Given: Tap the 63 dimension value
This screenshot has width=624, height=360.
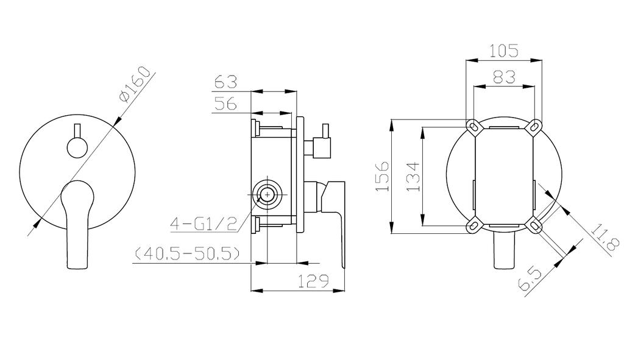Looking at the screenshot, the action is (x=225, y=82).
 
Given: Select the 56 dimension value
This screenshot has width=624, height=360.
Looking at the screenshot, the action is (x=225, y=104).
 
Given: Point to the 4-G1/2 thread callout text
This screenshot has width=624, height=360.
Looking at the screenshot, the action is (x=204, y=224).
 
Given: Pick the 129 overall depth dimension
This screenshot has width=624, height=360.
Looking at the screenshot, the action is (x=314, y=281).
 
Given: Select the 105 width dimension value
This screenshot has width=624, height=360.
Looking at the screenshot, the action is (x=504, y=51).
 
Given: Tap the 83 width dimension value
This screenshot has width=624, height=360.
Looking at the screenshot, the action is (x=504, y=76).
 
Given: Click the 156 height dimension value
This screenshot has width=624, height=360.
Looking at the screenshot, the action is (x=382, y=176).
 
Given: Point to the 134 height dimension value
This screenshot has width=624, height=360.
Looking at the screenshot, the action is (x=413, y=176).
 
